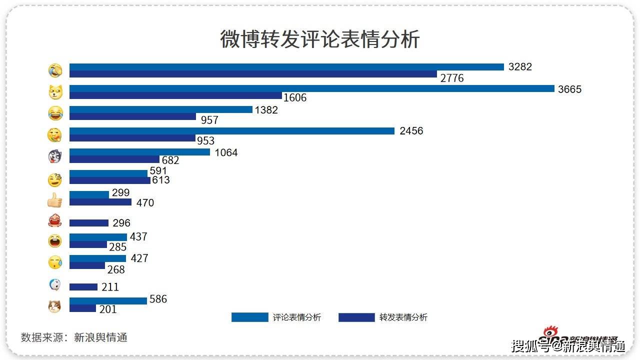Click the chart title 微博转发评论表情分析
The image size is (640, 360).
click(319, 39)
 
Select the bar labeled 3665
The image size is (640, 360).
click(311, 88)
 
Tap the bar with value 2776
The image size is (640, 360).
click(253, 74)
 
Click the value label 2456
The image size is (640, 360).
click(411, 131)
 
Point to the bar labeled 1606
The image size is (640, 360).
click(175, 95)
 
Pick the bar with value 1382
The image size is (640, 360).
click(160, 109)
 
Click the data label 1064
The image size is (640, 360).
click(226, 152)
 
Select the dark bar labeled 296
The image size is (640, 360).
click(88, 223)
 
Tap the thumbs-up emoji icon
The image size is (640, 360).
click(54, 200)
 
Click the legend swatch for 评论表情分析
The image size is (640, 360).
click(249, 317)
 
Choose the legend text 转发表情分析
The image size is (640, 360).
click(403, 317)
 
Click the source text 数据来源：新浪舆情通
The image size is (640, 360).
click(74, 337)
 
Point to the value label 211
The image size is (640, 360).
click(110, 287)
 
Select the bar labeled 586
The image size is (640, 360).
click(108, 301)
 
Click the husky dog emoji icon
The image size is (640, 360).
click(54, 157)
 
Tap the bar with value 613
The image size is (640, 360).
click(109, 180)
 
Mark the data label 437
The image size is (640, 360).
click(138, 237)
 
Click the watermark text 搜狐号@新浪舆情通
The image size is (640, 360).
click(568, 346)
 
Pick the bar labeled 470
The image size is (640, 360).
click(100, 202)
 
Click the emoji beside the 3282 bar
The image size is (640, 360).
click(55, 70)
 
